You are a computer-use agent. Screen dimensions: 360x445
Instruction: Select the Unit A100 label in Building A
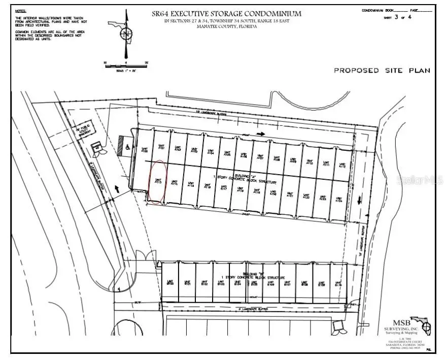[144, 150]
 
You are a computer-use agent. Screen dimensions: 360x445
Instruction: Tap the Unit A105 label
[227, 153]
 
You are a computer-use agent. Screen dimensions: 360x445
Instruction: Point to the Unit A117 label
[223, 187]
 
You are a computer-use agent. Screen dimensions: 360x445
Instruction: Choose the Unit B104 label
[237, 283]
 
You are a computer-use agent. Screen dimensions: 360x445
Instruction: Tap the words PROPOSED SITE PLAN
[382, 70]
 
